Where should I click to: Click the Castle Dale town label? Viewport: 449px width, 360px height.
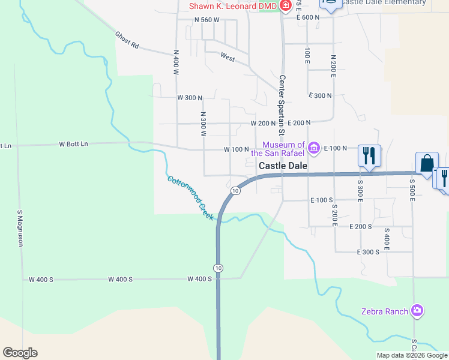pyautogui.click(x=283, y=166)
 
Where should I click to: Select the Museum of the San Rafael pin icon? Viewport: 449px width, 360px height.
pyautogui.click(x=313, y=148)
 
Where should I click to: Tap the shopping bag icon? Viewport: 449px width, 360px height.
pyautogui.click(x=427, y=163)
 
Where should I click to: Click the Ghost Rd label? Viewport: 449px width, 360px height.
pyautogui.click(x=127, y=40)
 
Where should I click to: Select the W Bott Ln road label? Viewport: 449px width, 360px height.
pyautogui.click(x=73, y=144)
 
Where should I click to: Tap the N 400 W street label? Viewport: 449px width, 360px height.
pyautogui.click(x=176, y=62)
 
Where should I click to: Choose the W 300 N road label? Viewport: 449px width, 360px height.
pyautogui.click(x=190, y=97)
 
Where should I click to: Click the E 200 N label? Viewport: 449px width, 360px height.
pyautogui.click(x=299, y=122)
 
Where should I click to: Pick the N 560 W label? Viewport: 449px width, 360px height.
pyautogui.click(x=207, y=20)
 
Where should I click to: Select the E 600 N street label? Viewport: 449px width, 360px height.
pyautogui.click(x=309, y=17)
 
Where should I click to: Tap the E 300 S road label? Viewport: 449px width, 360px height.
pyautogui.click(x=368, y=252)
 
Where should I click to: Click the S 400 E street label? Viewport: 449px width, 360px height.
pyautogui.click(x=387, y=239)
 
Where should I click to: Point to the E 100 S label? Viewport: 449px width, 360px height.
pyautogui.click(x=322, y=200)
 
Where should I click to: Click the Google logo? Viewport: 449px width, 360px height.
pyautogui.click(x=20, y=353)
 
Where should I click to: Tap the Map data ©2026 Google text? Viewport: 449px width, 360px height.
pyautogui.click(x=411, y=355)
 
